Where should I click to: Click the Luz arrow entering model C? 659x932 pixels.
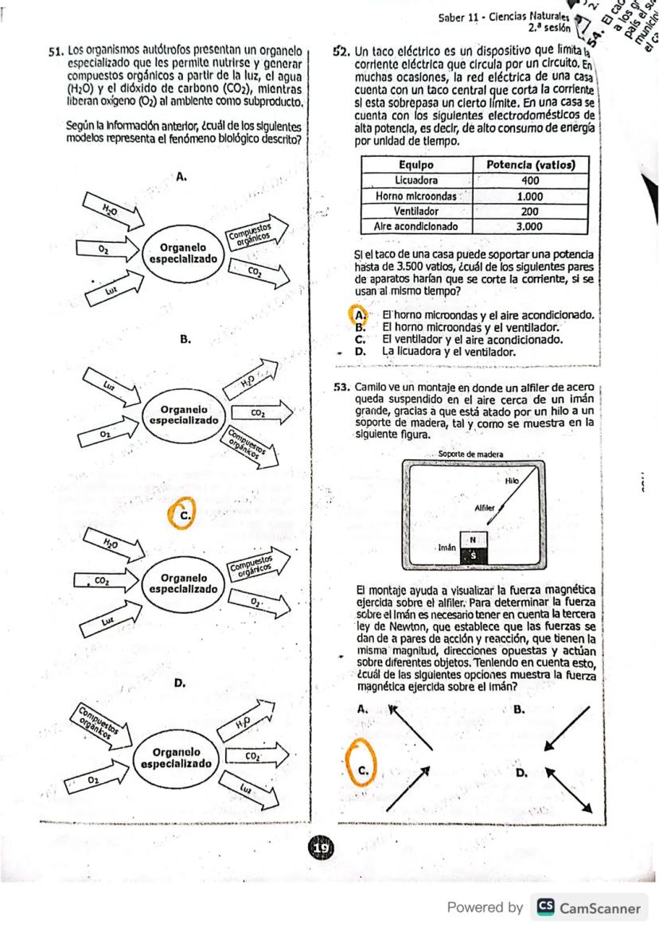(111, 615)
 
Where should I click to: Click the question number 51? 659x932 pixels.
(55, 50)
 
